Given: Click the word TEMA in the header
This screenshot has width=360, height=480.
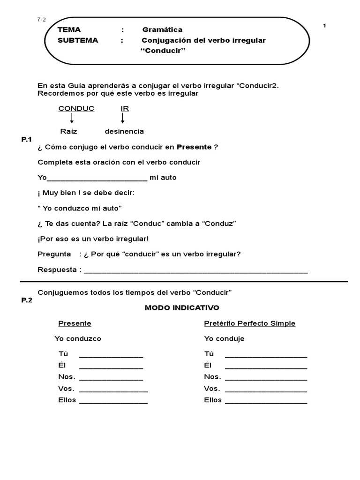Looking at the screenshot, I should [69, 30].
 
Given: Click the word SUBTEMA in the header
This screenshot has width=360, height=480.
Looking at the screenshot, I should [78, 40].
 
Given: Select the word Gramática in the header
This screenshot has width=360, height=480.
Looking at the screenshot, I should [162, 30].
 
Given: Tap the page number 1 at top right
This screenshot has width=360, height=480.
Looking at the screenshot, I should [324, 26].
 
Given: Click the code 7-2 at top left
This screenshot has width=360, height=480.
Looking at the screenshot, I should [41, 20].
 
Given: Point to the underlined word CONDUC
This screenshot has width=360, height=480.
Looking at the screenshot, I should [76, 109].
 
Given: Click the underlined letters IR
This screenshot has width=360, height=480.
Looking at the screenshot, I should [125, 109].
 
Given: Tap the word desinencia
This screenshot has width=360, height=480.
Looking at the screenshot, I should [124, 131].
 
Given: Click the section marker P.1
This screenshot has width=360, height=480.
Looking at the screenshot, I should [26, 139].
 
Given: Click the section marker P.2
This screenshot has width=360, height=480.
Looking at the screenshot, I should [27, 301].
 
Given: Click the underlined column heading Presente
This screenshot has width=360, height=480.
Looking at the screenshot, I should [75, 323].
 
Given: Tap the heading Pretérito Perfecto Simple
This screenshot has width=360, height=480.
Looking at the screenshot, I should [250, 323].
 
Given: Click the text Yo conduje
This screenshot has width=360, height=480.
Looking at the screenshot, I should [224, 338].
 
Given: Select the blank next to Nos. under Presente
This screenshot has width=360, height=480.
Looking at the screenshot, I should [111, 379].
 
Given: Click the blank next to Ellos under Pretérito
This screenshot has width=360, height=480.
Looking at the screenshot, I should [266, 402].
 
